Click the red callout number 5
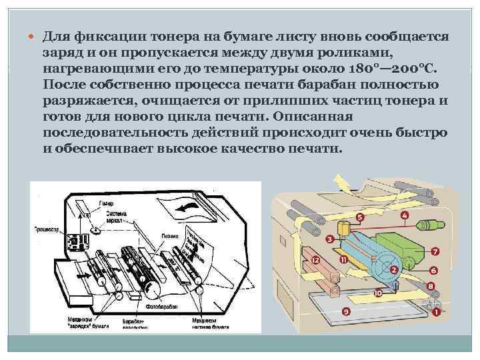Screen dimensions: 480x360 360,217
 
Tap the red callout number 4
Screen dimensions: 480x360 405,215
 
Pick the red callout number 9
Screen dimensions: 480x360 345,311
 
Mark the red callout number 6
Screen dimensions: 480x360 433,270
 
